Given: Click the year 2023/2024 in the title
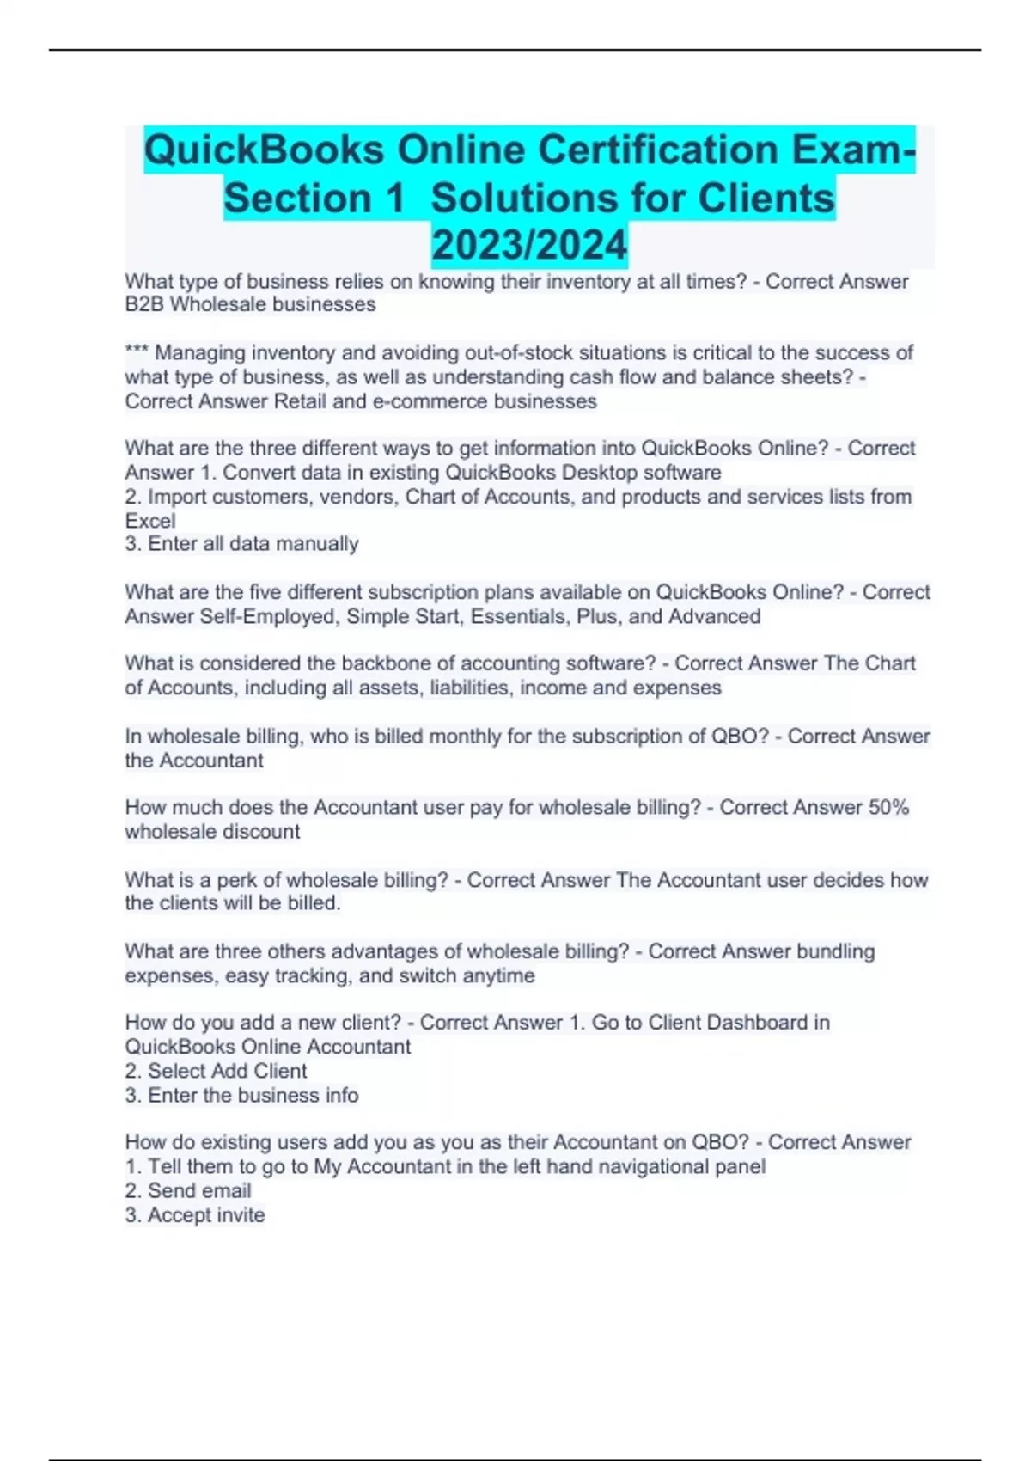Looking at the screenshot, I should click(529, 245).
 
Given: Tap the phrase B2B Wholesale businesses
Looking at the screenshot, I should click(250, 304).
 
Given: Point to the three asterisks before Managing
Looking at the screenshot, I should click(137, 352).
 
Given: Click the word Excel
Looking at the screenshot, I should click(150, 521).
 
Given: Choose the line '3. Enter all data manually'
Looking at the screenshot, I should click(241, 544).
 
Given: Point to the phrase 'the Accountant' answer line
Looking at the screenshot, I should click(194, 761).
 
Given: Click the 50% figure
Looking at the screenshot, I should click(888, 807).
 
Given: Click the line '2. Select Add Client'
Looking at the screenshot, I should click(216, 1071).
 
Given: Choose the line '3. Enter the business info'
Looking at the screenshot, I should click(241, 1095).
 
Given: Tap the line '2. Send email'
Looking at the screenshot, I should click(188, 1190).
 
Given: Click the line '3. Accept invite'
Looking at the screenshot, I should click(195, 1214).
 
